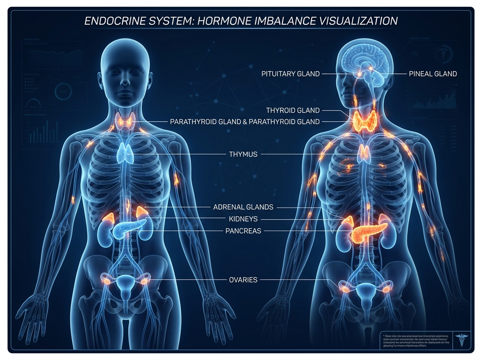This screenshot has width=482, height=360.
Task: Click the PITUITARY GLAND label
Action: coord(290,74)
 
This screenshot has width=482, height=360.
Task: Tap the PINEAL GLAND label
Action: coord(433,74)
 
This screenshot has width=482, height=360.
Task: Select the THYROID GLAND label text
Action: coord(293,110)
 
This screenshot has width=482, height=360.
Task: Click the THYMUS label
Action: coord(243,154)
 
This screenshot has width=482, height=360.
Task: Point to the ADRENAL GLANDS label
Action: coord(243,207)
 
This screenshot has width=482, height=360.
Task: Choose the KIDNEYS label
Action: coord(243,219)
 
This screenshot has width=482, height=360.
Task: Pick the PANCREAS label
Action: coord(243,231)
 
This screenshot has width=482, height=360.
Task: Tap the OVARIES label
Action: coord(243,280)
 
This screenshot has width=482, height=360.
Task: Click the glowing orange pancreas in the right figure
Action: coord(368,231)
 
